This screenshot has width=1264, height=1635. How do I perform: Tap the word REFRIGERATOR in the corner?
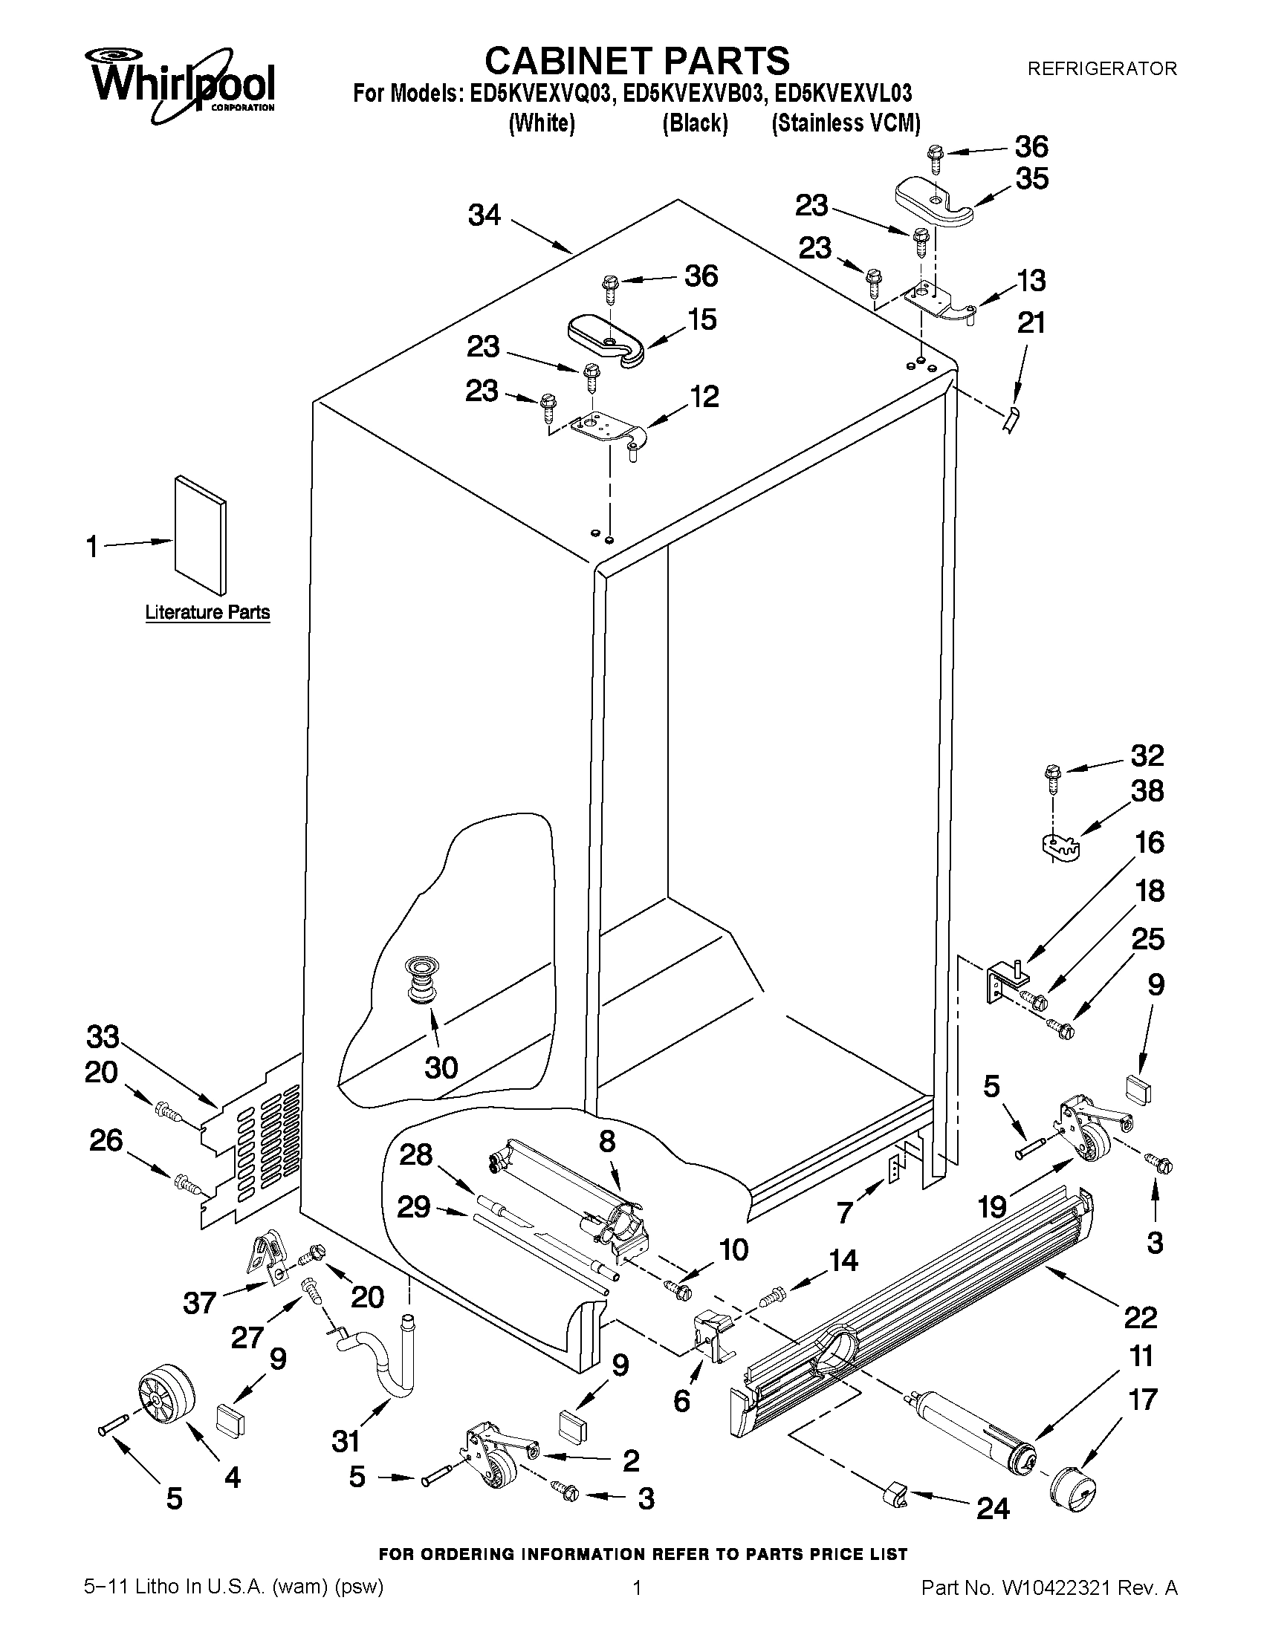tap(1101, 69)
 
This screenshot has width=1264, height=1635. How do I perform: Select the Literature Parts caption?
tap(207, 612)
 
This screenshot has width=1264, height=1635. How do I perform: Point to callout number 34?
tap(484, 215)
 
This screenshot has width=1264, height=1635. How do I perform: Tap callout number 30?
tap(441, 1067)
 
